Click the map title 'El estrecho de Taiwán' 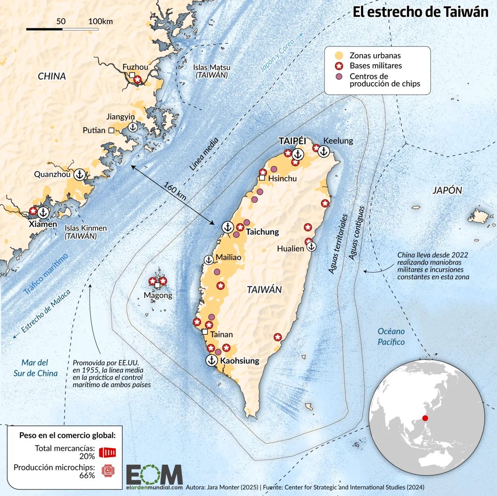click(420, 12)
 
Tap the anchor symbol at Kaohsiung click(212, 360)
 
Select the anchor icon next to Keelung click(323, 152)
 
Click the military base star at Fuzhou click(138, 79)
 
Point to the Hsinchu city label click(282, 178)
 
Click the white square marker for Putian click(111, 130)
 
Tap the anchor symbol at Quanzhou click(79, 175)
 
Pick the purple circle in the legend click(339, 77)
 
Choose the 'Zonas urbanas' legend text click(375, 55)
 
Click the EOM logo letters click(154, 474)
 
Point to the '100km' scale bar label click(100, 22)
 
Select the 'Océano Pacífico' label click(391, 336)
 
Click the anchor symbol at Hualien click(311, 247)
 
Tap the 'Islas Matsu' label click(212, 67)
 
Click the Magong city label click(158, 295)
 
